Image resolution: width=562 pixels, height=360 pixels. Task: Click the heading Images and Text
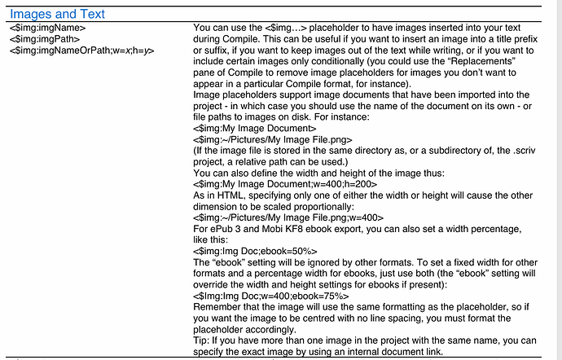[57, 15]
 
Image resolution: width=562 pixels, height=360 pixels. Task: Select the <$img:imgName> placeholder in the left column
[48, 29]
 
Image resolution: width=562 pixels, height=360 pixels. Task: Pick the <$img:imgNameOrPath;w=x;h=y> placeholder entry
[82, 50]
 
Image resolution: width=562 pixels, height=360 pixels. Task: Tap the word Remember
[220, 307]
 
